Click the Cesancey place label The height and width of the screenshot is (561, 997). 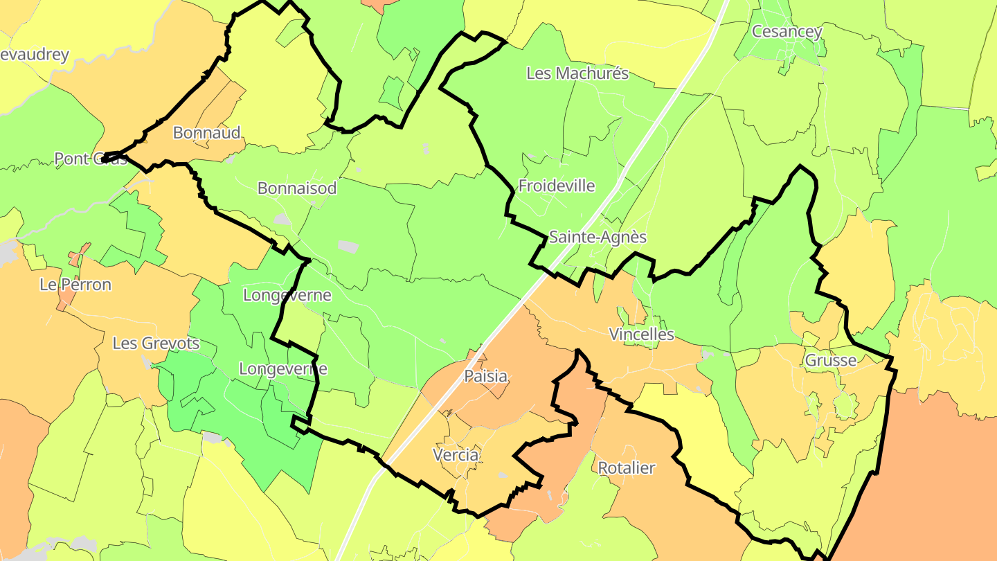787,31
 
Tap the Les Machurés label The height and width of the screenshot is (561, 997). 577,73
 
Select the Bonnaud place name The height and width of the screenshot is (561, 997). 206,132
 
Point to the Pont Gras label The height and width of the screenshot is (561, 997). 91,159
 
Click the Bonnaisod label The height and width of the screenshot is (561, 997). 297,188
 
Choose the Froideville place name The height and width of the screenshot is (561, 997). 557,186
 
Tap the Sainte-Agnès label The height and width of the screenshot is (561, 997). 598,237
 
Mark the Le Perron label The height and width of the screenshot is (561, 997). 75,284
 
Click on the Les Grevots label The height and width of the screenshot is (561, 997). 156,343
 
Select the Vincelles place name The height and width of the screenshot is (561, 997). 641,335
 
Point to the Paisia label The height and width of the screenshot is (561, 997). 485,377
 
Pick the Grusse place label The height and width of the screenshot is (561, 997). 830,360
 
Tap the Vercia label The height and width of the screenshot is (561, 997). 455,455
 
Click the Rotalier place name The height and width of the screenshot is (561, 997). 626,467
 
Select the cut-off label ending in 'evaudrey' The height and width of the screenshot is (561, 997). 35,55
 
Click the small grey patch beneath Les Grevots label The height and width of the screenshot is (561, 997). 147,361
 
